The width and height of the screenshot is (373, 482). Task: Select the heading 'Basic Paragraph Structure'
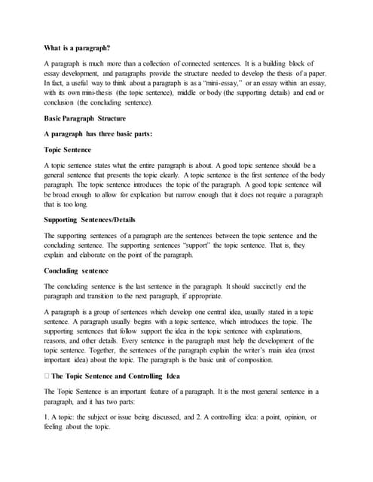point(85,118)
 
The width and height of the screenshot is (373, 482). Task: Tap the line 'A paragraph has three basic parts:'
point(99,134)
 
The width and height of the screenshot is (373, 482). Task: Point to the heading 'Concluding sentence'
point(77,270)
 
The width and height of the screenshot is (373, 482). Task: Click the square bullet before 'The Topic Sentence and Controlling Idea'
point(47,375)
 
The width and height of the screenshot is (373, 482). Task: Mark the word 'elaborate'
point(96,255)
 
